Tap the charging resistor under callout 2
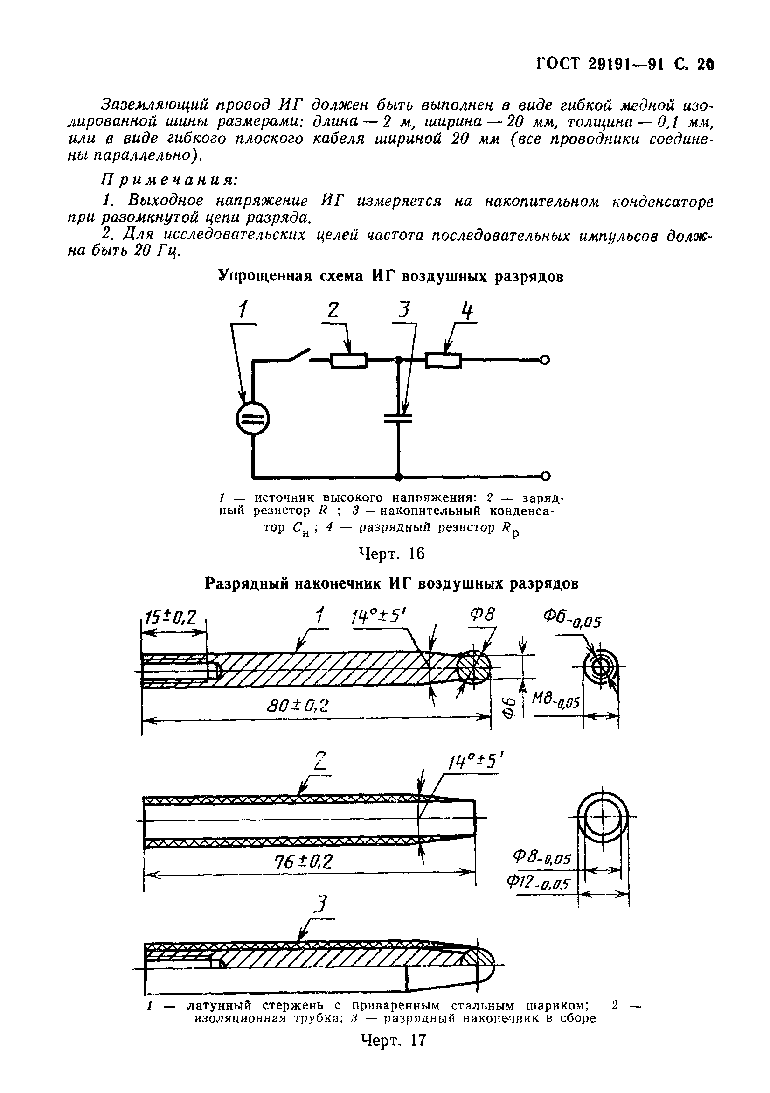coord(348,360)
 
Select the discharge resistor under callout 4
coord(443,360)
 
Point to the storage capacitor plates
coord(399,419)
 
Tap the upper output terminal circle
coord(546,360)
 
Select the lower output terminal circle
coord(546,476)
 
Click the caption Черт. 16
coord(391,553)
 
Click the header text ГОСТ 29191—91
coord(602,63)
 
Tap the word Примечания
coord(169,180)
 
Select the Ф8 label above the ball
coord(483,615)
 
